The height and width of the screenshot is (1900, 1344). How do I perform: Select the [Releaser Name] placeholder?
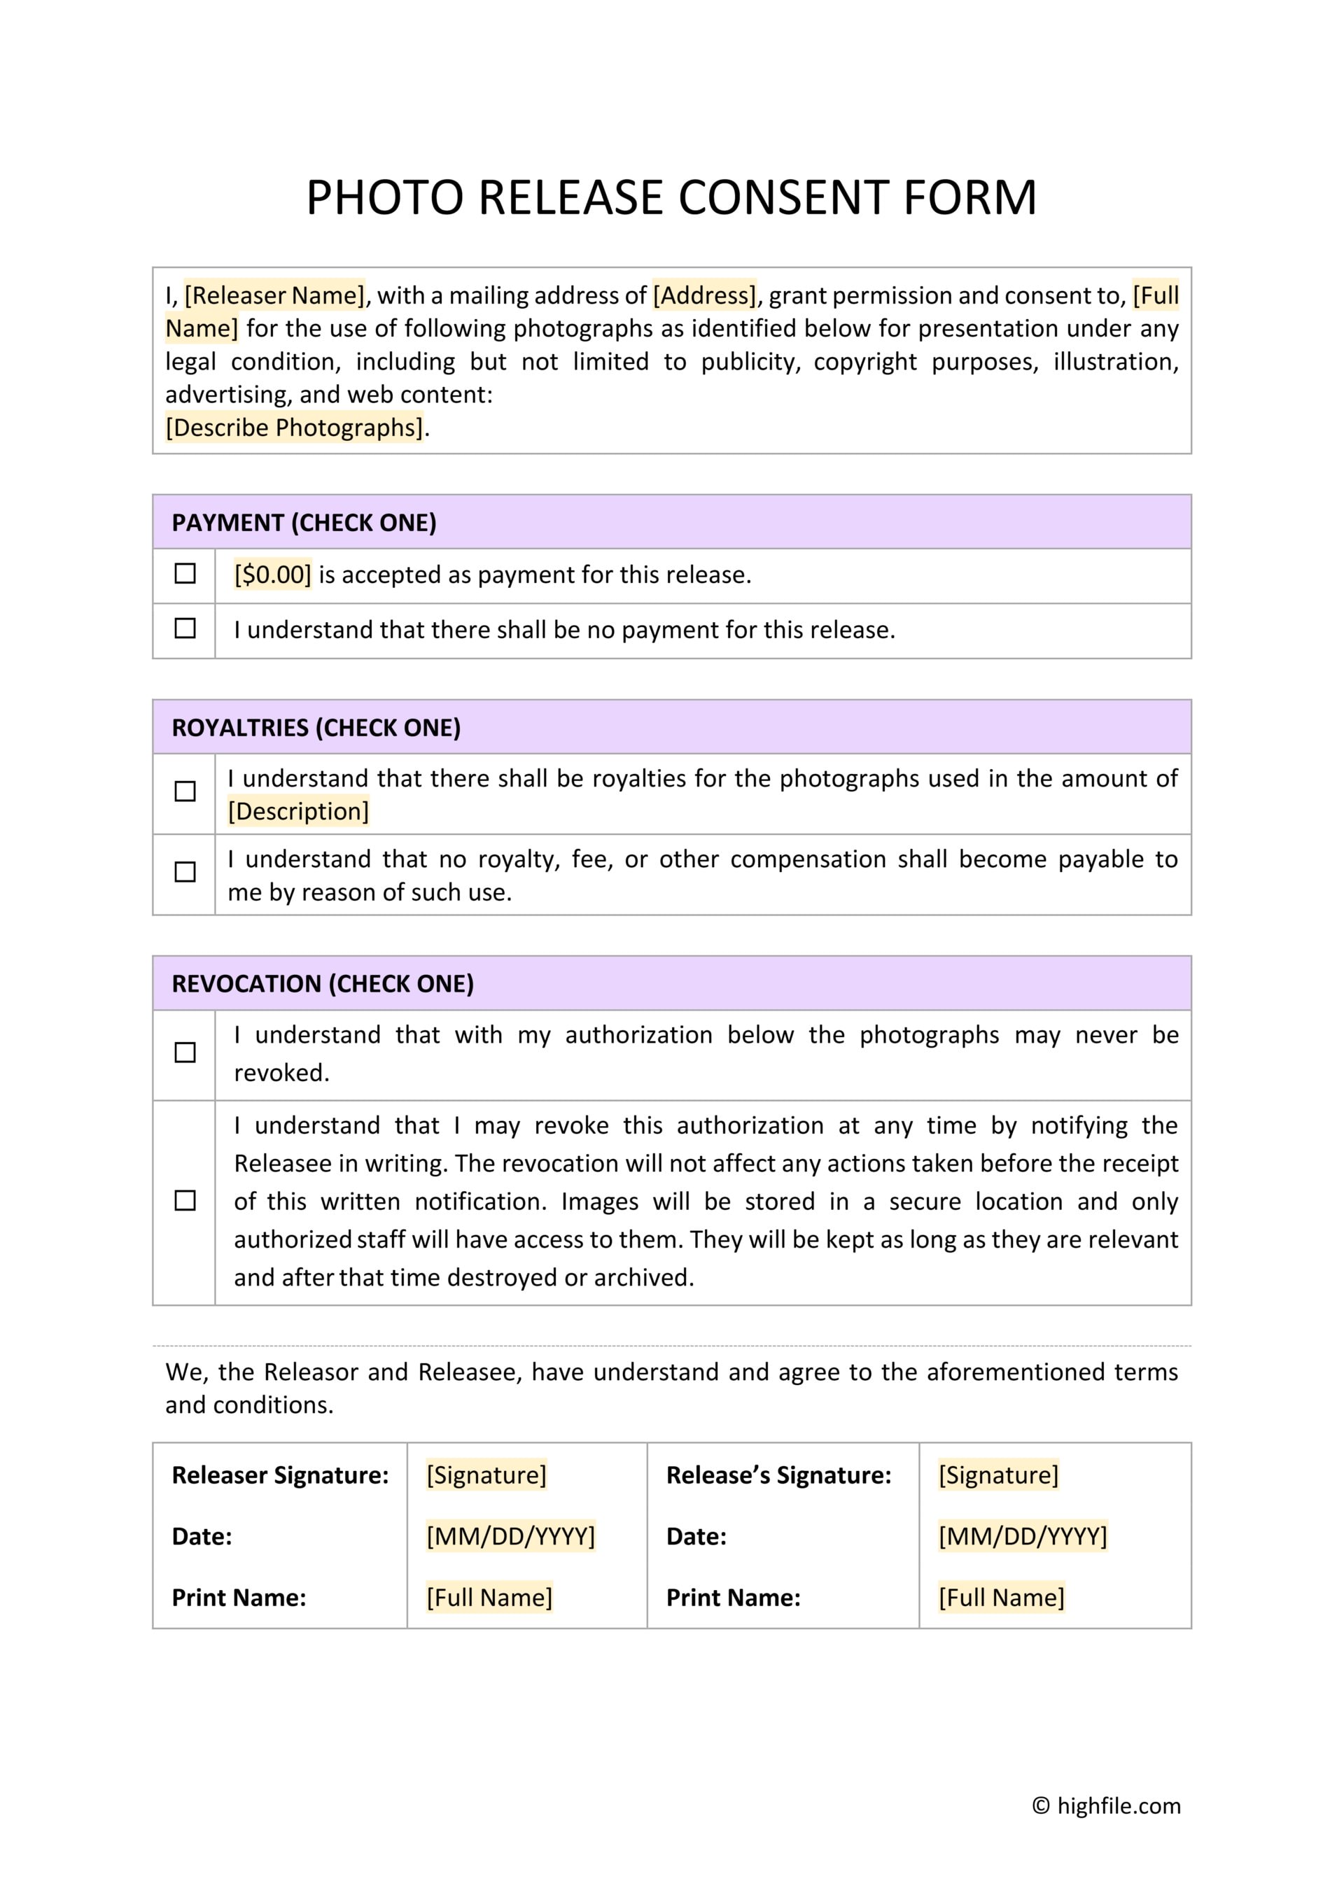click(274, 295)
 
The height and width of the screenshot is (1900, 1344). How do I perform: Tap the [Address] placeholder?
click(704, 295)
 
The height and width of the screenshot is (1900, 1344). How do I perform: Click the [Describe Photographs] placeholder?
click(294, 428)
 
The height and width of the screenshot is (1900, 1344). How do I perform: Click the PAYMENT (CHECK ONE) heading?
click(304, 523)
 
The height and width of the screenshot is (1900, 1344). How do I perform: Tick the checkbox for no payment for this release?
click(185, 628)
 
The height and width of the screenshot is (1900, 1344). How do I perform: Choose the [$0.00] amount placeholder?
click(272, 575)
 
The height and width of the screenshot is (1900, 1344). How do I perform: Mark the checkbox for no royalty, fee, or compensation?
click(185, 871)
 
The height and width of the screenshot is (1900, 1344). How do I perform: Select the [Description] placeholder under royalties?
click(298, 811)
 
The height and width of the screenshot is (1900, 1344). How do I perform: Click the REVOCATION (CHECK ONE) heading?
click(323, 984)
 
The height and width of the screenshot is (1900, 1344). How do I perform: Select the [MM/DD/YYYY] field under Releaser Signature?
click(510, 1536)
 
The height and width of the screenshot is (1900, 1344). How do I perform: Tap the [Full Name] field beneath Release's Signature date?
click(1002, 1597)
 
